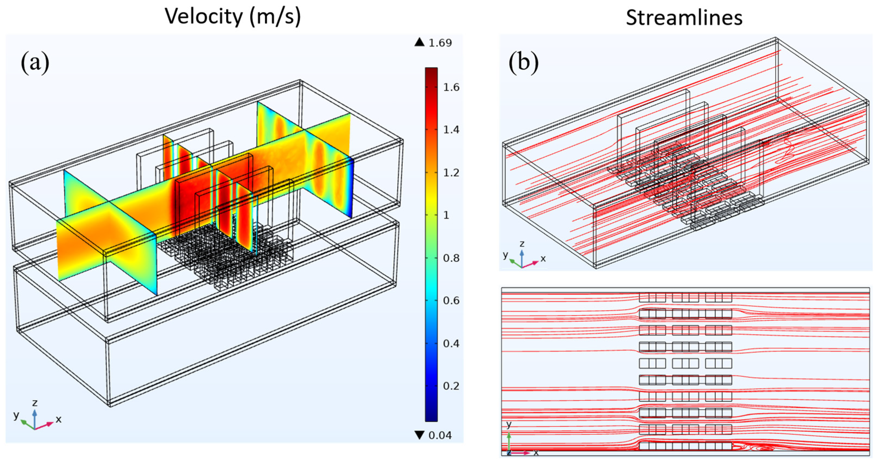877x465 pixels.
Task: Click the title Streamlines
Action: tap(684, 17)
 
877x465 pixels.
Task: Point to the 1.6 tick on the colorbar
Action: tap(451, 87)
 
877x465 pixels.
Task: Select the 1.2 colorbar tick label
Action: tap(451, 173)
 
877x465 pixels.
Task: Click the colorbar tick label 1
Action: tap(446, 215)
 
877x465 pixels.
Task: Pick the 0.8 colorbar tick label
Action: tap(451, 258)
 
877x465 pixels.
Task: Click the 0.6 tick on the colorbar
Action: tap(451, 300)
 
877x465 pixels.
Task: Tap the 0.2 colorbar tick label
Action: tap(451, 386)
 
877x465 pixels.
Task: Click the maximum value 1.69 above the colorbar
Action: tap(440, 43)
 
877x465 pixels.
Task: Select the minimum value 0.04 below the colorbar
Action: tap(440, 435)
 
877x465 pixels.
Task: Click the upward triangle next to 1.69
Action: tap(419, 42)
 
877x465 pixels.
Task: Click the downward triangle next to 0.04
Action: tap(419, 435)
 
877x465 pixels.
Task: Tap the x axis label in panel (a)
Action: tap(59, 419)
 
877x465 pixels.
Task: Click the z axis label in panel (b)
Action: tap(522, 244)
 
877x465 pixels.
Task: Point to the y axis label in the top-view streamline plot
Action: tap(509, 424)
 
